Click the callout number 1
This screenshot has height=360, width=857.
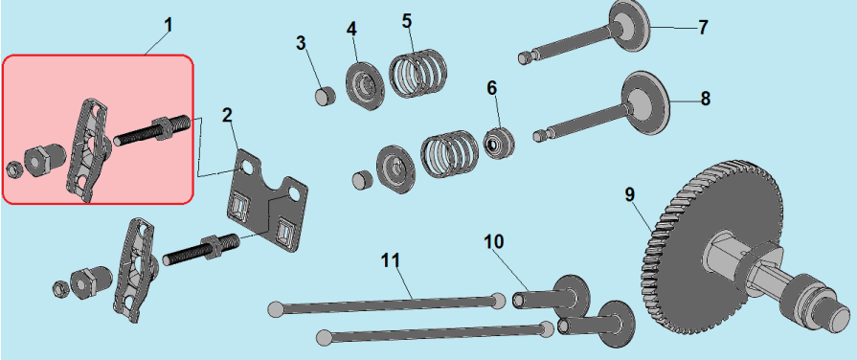168,26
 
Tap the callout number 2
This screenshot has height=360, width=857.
227,115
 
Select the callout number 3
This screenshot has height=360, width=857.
301,44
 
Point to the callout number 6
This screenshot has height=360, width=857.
492,87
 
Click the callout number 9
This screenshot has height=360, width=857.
630,195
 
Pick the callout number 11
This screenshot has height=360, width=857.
391,260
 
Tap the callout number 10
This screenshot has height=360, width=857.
494,241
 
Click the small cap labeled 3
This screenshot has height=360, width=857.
325,96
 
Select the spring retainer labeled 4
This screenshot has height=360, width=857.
365,87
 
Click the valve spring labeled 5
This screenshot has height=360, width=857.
417,74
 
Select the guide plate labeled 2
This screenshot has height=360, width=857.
267,200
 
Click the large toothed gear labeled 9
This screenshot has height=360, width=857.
713,247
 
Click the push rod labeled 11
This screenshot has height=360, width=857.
388,304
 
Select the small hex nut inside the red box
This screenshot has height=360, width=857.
13,169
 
